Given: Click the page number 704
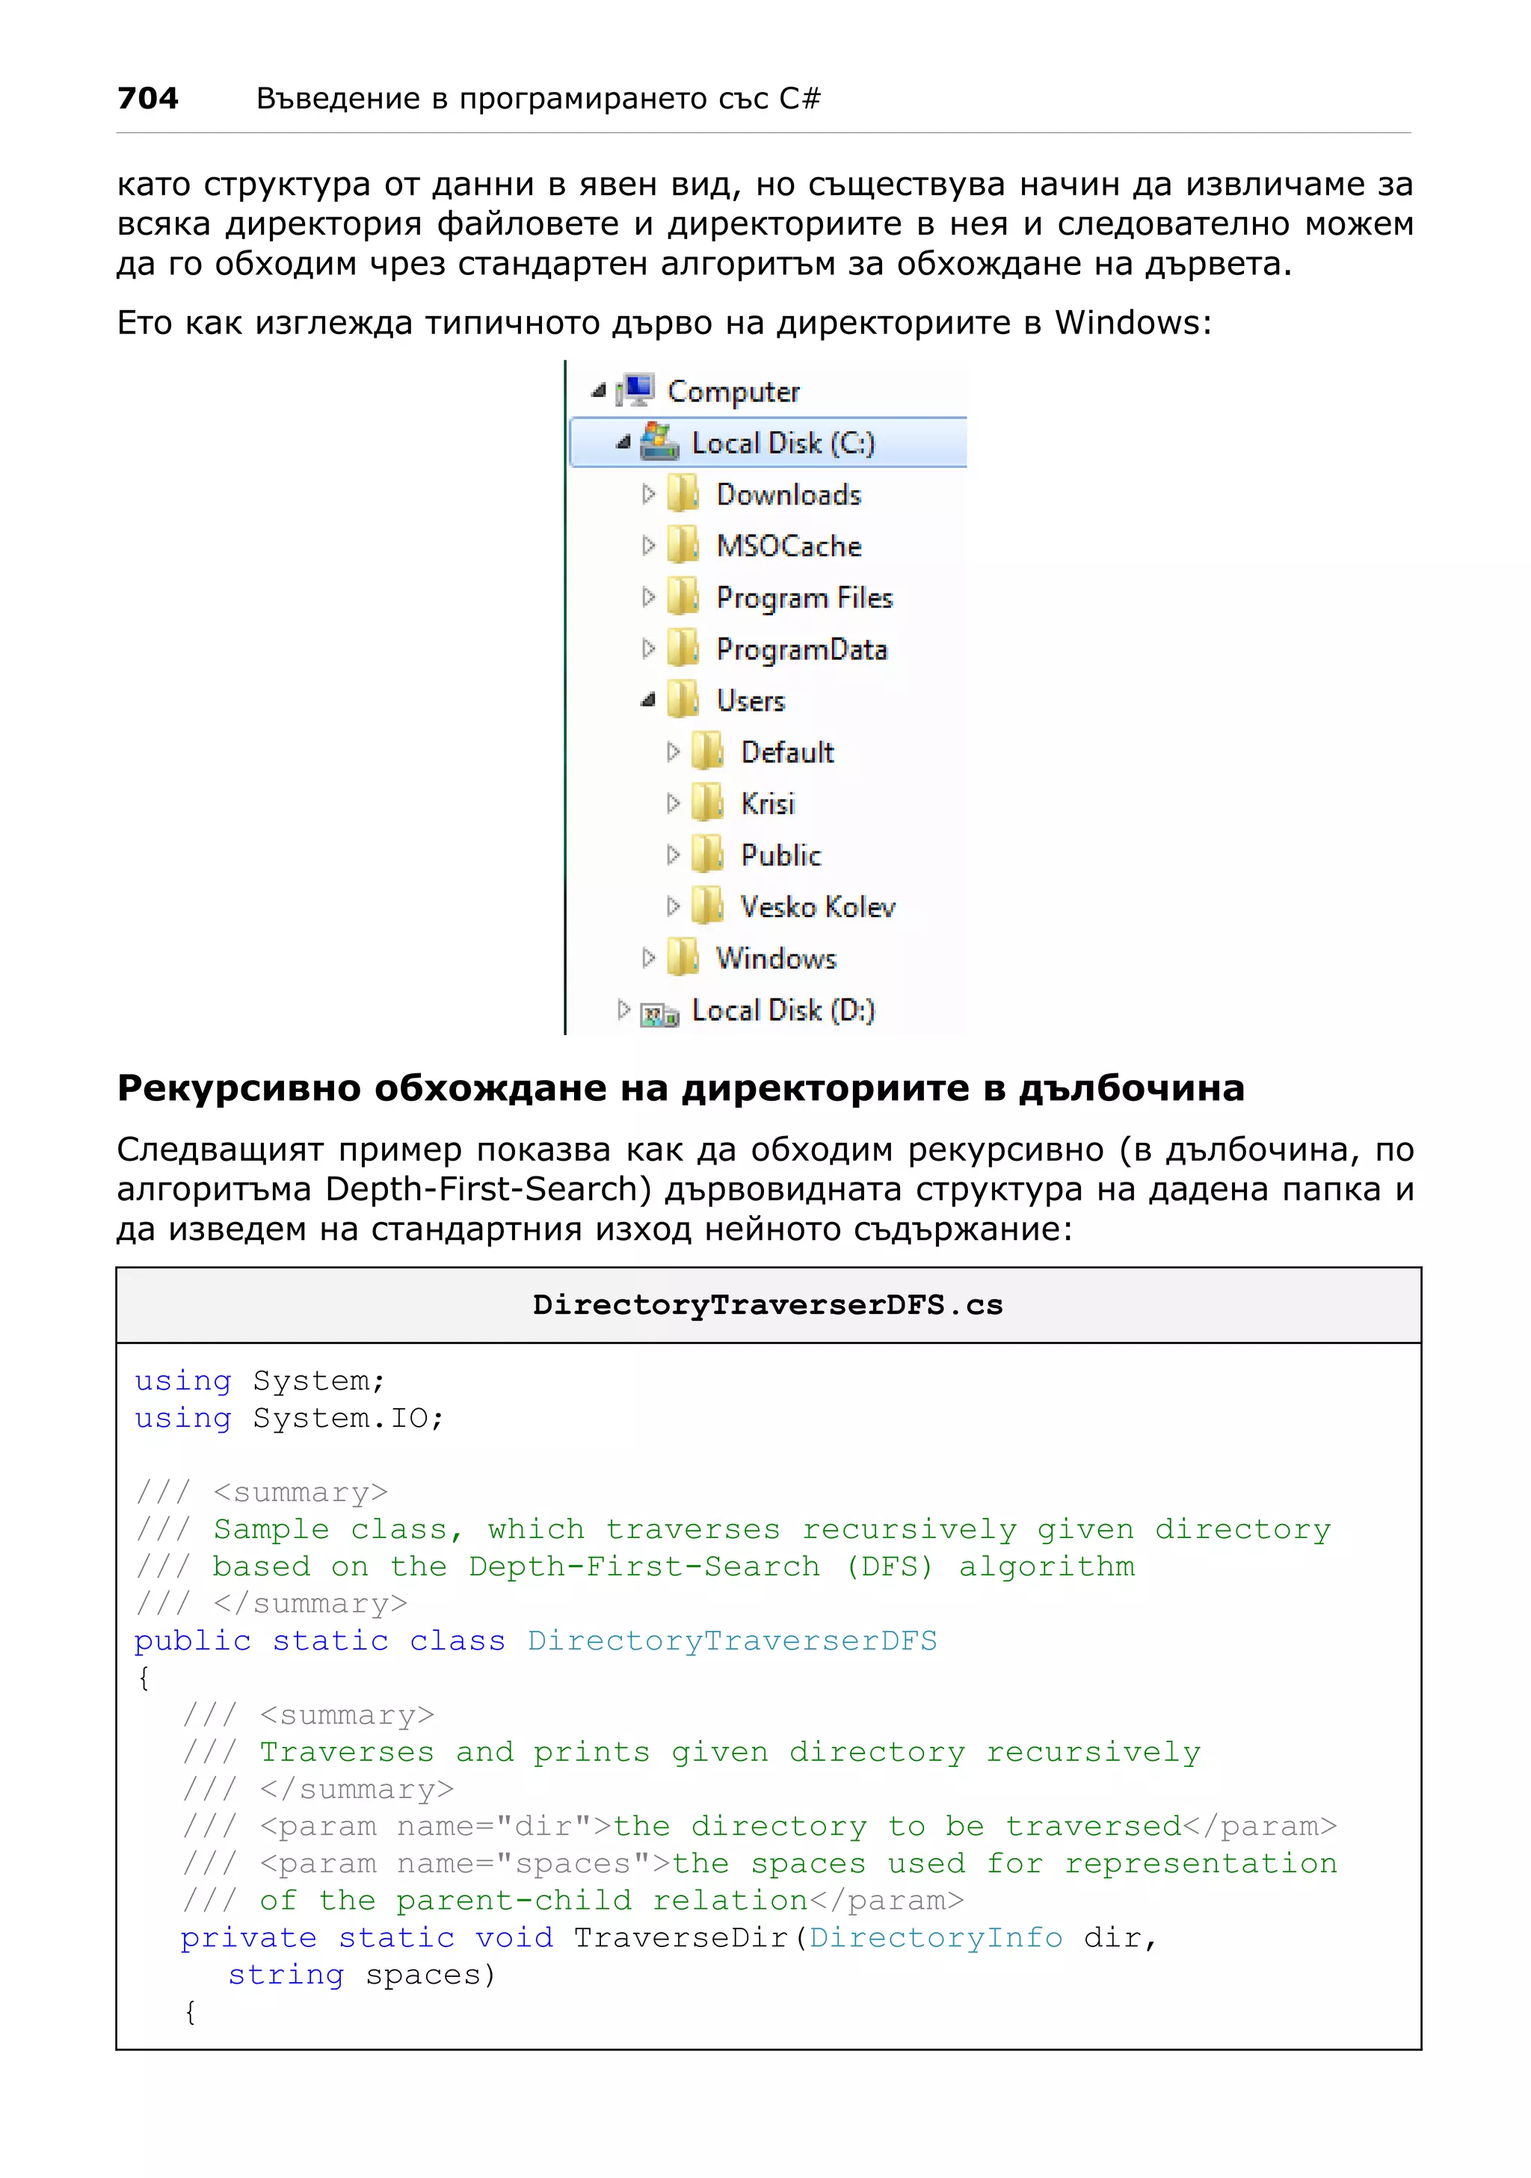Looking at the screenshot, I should point(148,98).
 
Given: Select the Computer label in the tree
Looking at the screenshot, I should point(733,392).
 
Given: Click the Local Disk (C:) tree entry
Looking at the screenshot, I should point(783,443).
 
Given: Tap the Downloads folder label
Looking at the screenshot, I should point(788,494).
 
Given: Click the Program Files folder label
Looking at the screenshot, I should point(804,598).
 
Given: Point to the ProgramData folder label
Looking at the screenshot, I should point(801,650).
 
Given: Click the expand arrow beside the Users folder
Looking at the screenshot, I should point(648,701).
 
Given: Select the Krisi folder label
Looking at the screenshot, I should point(768,803).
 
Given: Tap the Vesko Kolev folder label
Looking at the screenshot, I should point(818,907).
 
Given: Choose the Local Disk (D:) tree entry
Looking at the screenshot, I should point(783,1011).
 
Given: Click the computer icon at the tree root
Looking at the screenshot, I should point(635,390).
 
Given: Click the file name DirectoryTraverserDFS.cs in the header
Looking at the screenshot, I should point(768,1305).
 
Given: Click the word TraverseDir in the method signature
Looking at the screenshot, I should point(681,1937).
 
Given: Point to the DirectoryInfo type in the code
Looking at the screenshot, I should point(935,1937).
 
